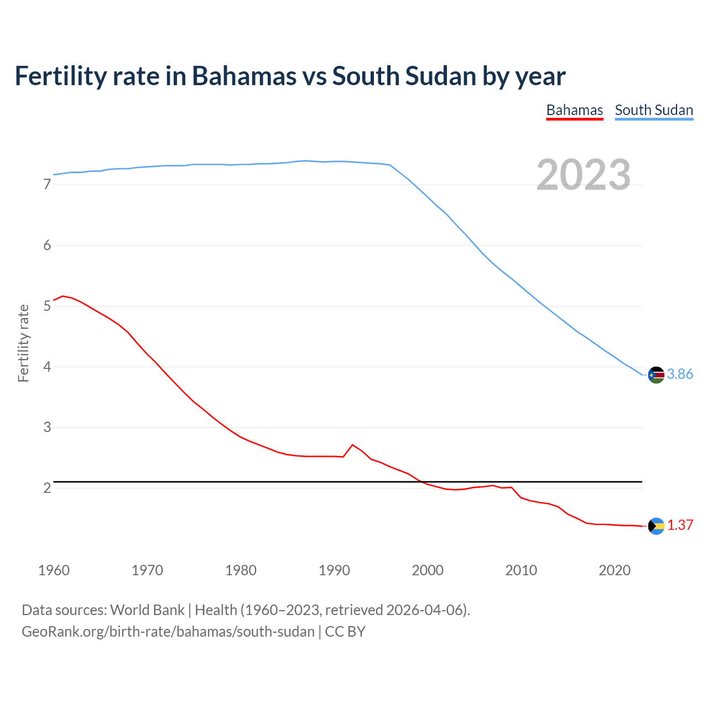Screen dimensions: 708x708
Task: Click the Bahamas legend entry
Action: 574,110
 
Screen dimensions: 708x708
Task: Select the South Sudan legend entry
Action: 654,110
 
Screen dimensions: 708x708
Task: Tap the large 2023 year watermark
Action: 584,175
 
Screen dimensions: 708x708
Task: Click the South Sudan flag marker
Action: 656,374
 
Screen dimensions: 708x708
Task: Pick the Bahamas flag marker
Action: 656,526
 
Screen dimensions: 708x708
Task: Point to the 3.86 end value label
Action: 680,374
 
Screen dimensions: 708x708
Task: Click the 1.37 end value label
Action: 680,525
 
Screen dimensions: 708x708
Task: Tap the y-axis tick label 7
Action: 47,185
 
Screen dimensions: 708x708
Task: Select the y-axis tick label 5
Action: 47,306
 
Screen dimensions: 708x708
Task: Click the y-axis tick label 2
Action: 47,488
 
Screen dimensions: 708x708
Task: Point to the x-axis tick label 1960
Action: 54,570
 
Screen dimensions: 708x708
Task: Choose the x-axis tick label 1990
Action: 334,570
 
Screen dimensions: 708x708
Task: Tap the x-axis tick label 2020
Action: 615,570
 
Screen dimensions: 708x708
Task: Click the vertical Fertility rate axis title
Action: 23,343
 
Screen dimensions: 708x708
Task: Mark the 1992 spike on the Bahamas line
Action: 352,445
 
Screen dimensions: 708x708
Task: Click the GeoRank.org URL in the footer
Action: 168,632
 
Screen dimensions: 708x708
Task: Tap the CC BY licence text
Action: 345,632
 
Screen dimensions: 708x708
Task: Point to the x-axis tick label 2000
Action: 428,570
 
